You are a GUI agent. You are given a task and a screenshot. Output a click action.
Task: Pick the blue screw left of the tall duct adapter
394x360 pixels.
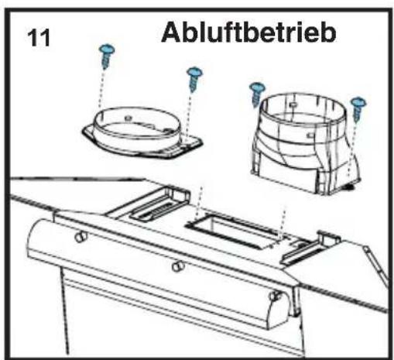(256, 94)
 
